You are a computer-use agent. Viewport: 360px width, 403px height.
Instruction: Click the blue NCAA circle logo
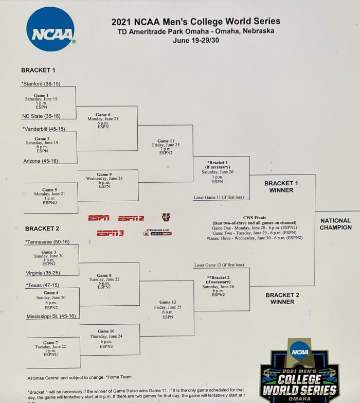(50, 29)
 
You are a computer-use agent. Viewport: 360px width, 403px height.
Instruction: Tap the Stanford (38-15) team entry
(40, 83)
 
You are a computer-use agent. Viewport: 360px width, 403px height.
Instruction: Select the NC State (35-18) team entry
(41, 116)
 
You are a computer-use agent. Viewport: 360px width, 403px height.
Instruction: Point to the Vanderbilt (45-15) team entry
(43, 129)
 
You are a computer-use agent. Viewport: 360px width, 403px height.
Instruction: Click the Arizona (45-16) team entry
(41, 161)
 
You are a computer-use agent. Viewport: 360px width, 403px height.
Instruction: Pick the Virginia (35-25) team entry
(43, 273)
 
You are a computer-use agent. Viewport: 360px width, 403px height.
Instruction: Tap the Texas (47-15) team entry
(42, 285)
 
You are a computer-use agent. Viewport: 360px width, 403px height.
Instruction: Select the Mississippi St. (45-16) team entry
(51, 317)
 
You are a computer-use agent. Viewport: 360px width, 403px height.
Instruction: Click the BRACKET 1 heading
(38, 70)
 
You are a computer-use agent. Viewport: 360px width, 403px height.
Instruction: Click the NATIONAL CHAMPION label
(336, 224)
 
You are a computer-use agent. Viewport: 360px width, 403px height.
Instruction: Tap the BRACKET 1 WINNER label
(281, 187)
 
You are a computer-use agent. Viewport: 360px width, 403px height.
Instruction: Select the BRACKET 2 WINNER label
(282, 299)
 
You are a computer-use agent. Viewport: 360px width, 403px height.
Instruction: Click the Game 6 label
(103, 115)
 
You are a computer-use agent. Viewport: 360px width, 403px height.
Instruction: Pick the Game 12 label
(168, 302)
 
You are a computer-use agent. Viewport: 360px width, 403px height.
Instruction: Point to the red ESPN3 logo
(110, 233)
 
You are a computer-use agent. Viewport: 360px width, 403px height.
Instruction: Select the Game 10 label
(106, 331)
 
